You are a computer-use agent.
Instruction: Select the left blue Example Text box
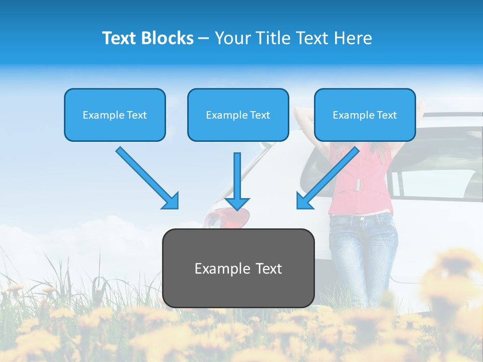point(115,115)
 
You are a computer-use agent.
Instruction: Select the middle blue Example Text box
point(238,115)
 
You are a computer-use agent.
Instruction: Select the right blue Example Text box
point(365,115)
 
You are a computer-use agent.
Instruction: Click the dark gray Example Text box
point(238,268)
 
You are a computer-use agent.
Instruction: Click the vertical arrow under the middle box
point(237,176)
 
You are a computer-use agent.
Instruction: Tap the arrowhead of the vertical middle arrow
point(237,203)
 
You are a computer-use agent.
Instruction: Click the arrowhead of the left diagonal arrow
point(170,201)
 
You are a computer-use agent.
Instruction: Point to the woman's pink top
point(359,186)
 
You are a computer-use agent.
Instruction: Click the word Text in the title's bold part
point(120,38)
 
